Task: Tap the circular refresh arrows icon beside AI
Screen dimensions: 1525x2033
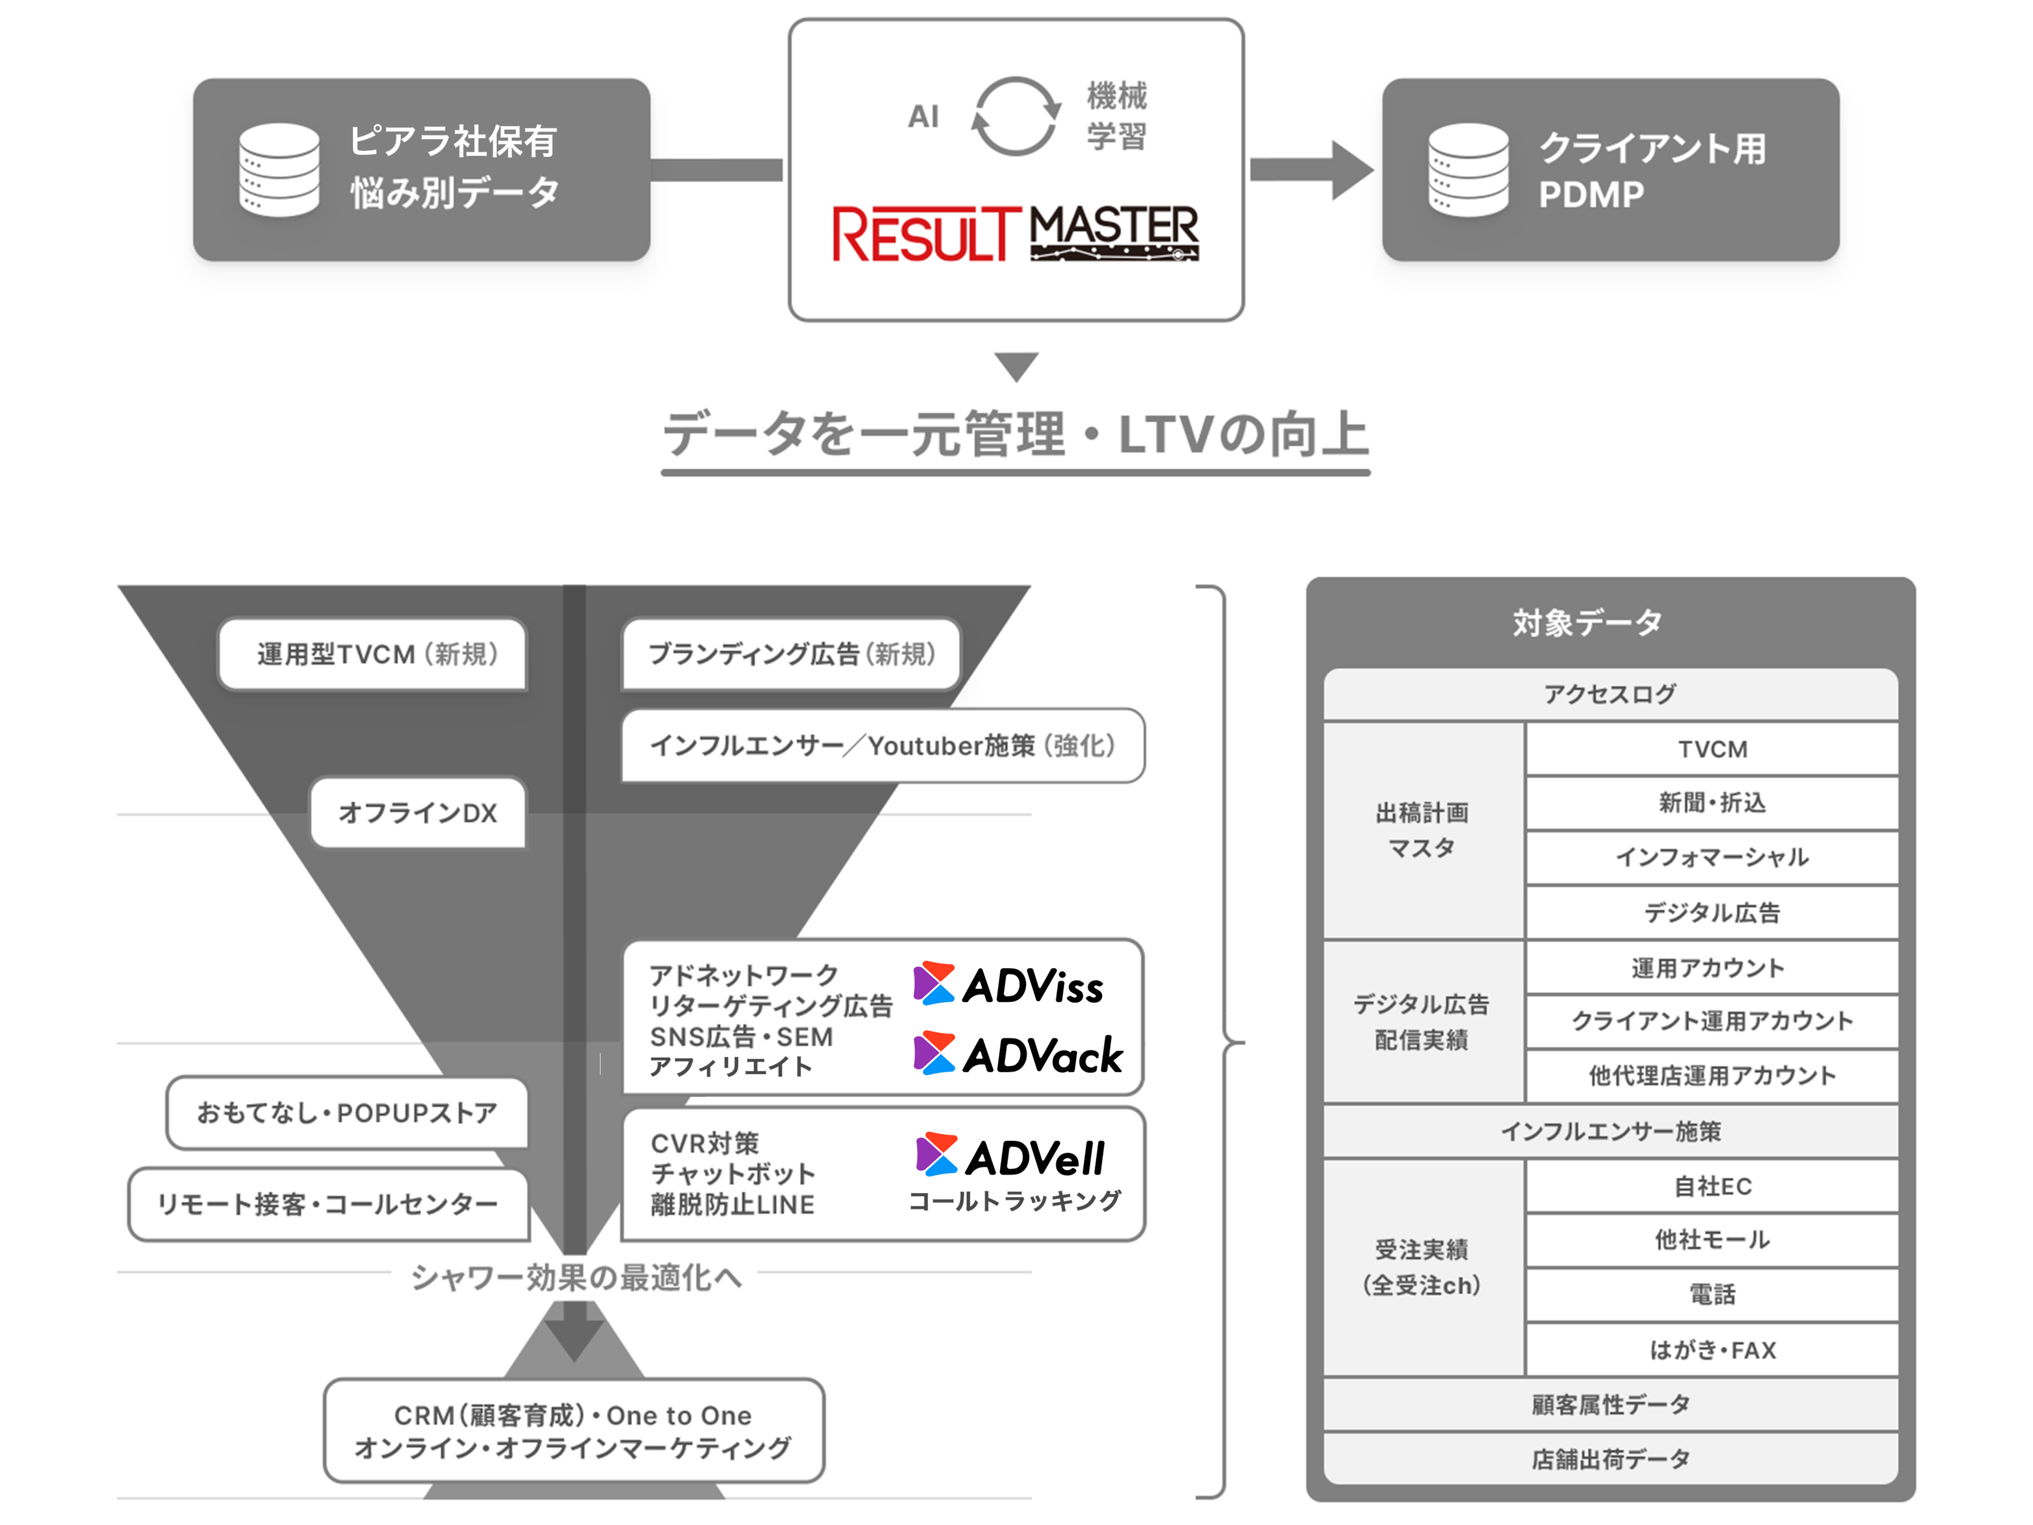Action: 1014,117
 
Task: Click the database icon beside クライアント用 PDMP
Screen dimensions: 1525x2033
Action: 1468,170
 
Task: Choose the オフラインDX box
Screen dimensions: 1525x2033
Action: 418,813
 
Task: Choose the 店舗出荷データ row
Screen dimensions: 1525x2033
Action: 1610,1459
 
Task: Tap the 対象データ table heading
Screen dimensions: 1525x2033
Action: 1587,623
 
